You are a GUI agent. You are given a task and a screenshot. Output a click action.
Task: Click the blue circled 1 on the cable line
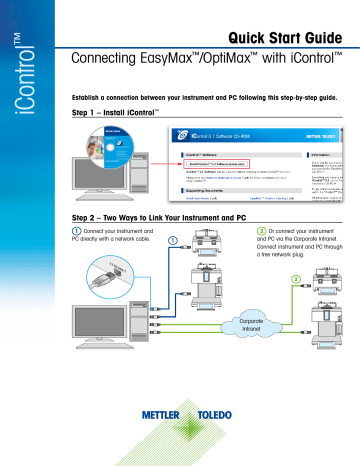point(171,241)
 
